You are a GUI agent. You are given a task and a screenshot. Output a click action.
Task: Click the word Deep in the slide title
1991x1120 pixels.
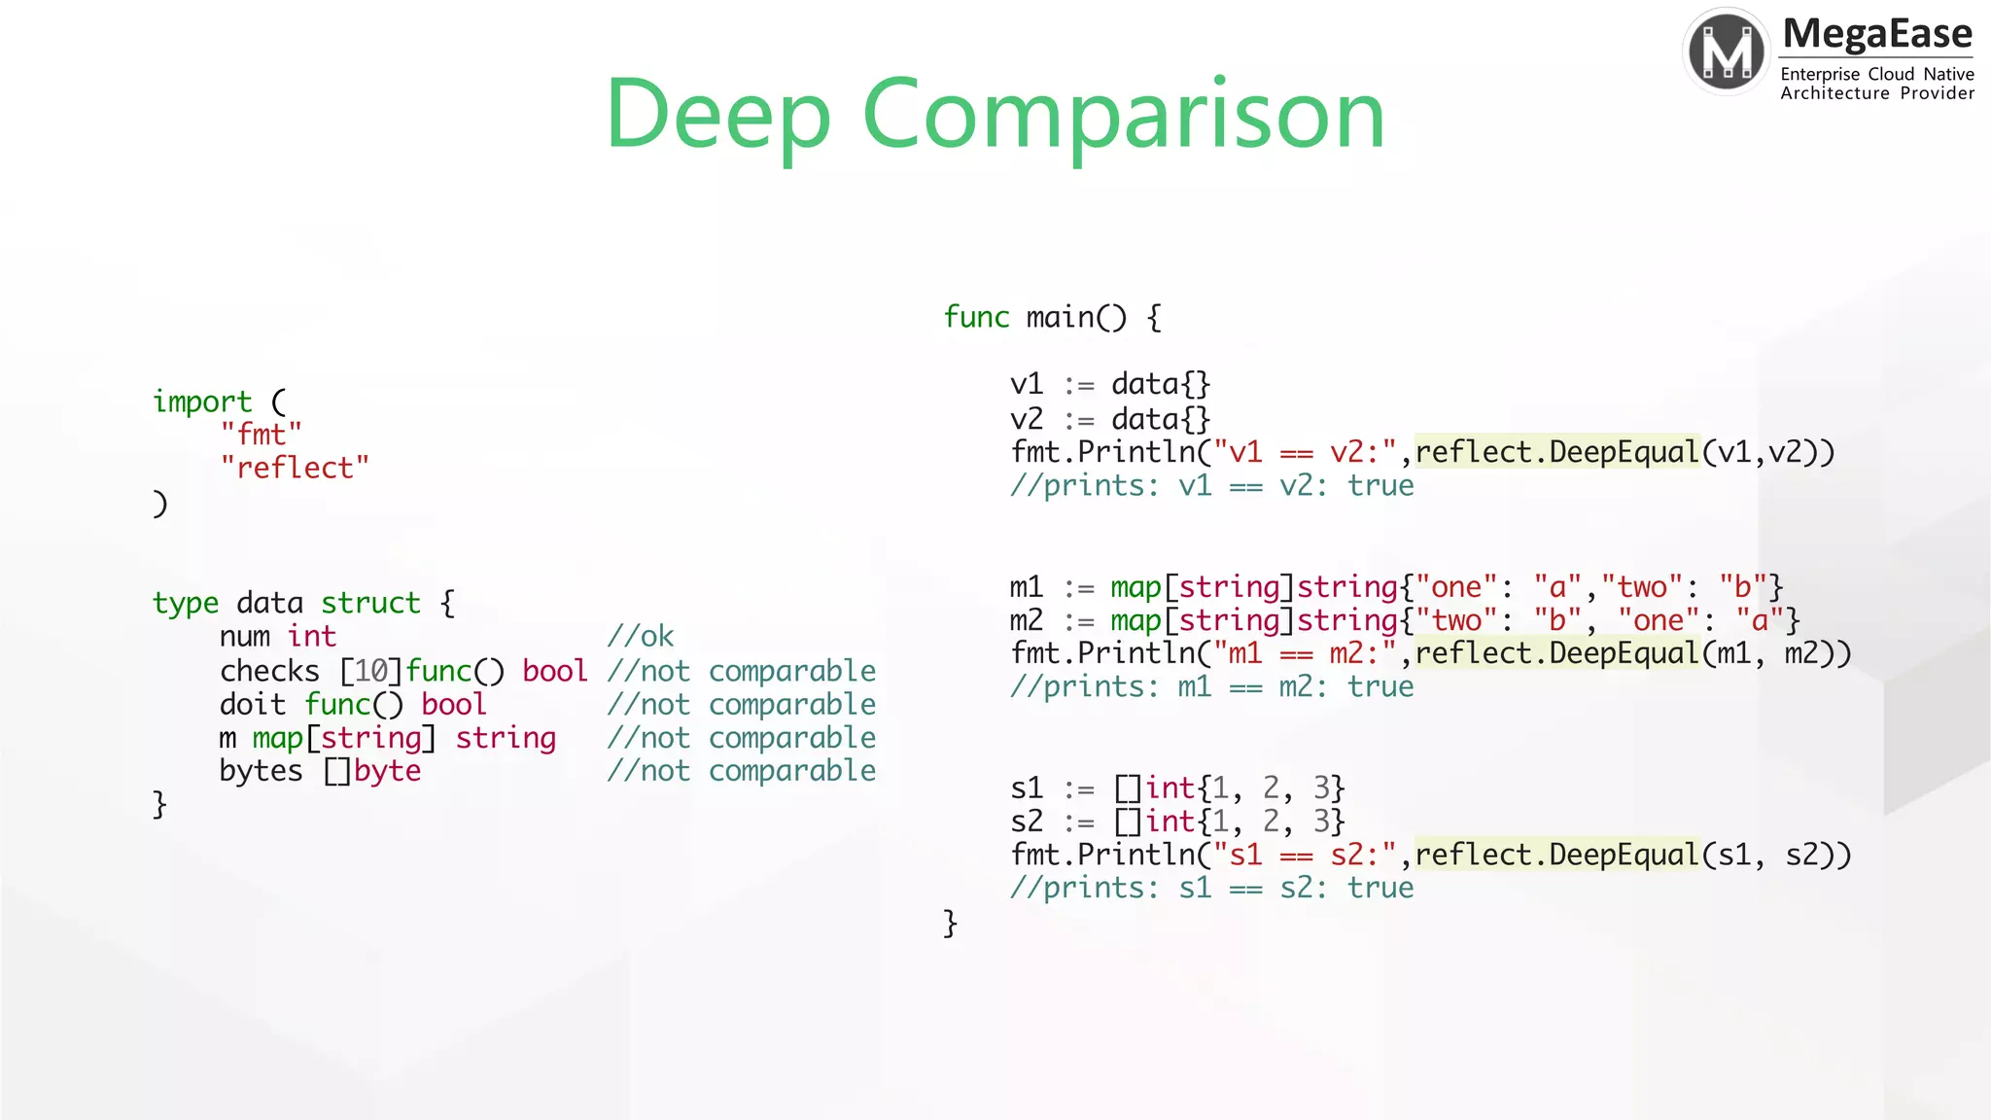(717, 115)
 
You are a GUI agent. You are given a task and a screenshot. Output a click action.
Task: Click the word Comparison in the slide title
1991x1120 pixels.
(1123, 115)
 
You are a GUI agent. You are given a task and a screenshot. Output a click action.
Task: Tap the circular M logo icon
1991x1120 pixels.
(1727, 52)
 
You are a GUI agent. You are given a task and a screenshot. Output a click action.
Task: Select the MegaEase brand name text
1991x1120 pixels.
(1877, 34)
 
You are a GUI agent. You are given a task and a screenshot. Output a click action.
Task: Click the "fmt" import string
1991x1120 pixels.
(261, 435)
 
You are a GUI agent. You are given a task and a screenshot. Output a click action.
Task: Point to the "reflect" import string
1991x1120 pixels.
(295, 468)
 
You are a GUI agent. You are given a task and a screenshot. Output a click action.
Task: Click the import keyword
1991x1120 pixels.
(202, 402)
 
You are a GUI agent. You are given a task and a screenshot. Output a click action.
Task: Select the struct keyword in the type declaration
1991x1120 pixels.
(370, 603)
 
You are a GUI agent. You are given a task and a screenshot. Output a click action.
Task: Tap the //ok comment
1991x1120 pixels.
(640, 637)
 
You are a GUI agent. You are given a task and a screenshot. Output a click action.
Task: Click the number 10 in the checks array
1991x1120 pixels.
(370, 671)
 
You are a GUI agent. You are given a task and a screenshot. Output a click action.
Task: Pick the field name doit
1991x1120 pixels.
(253, 704)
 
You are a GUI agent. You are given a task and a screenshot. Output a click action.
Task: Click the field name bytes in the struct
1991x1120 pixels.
(261, 771)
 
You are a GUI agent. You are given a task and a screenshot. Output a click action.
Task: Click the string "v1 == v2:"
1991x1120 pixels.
(1305, 452)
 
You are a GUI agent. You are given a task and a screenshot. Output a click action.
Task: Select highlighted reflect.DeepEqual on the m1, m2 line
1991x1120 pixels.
(1556, 653)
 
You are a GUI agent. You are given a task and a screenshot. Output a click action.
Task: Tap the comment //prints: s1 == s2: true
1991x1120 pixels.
(1211, 888)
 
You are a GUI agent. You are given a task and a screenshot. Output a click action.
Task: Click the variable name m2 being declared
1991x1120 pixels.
(1027, 620)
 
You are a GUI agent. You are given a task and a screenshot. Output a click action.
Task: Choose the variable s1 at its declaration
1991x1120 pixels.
(1027, 787)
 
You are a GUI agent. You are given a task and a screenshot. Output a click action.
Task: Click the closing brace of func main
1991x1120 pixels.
(950, 922)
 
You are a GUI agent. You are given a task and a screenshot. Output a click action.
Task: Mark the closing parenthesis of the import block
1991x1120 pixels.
(160, 504)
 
